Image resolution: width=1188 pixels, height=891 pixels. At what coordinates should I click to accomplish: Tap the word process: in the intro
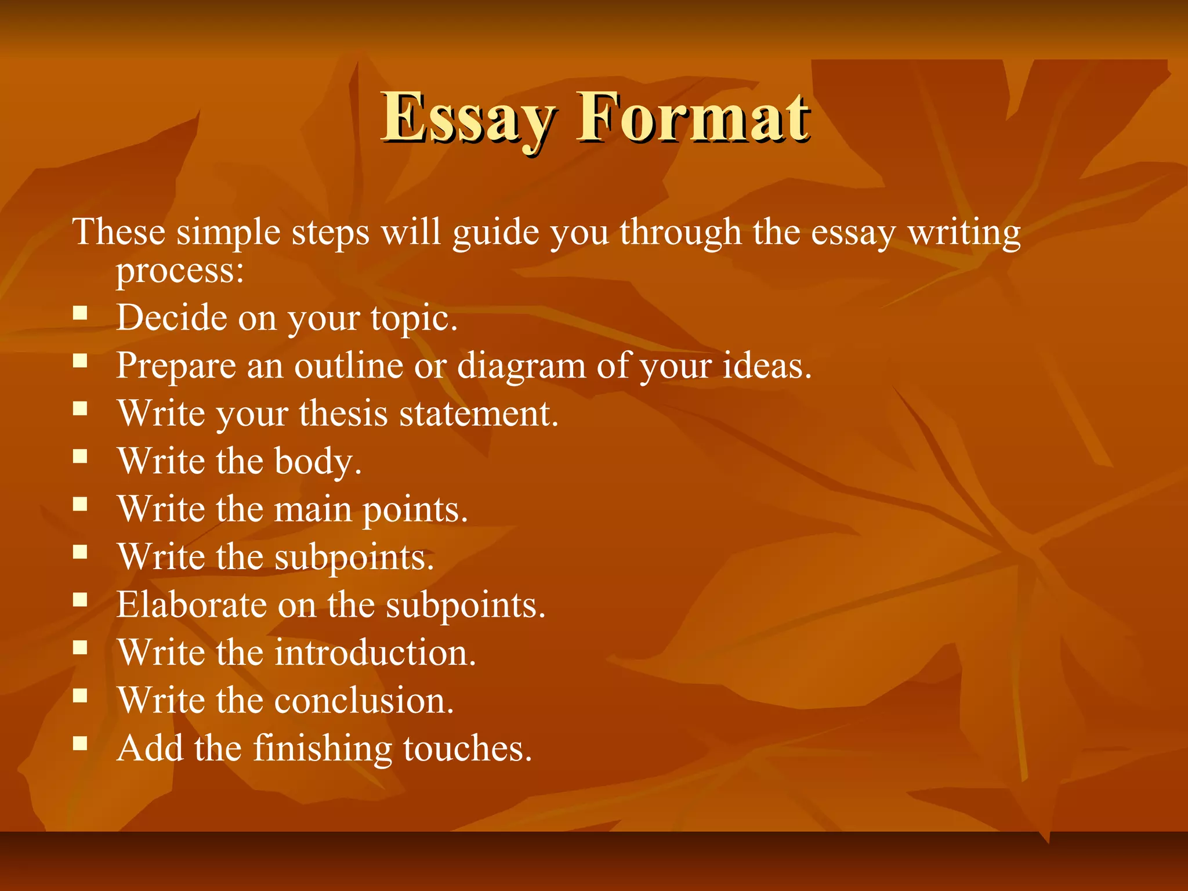pyautogui.click(x=180, y=271)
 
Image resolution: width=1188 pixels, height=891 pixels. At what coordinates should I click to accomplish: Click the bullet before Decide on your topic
pyautogui.click(x=80, y=314)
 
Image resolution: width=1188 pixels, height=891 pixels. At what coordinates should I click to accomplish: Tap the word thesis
pyautogui.click(x=343, y=414)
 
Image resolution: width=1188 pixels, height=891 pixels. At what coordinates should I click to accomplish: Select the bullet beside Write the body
pyautogui.click(x=80, y=457)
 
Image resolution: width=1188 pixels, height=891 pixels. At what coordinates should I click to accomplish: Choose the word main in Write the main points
pyautogui.click(x=313, y=509)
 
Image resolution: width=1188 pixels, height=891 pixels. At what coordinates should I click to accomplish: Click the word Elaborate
pyautogui.click(x=191, y=604)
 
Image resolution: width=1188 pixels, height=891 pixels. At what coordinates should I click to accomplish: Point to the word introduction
pyautogui.click(x=375, y=653)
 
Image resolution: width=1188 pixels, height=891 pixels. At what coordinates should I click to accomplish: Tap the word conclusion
pyautogui.click(x=364, y=700)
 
